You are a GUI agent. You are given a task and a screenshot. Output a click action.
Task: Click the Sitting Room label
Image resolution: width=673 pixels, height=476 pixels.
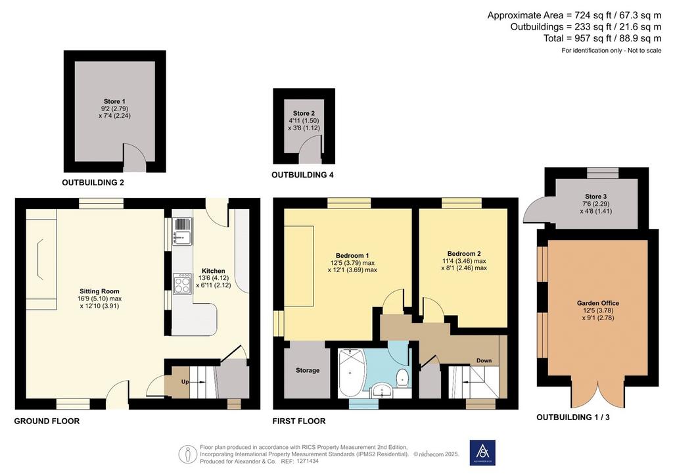[99, 291]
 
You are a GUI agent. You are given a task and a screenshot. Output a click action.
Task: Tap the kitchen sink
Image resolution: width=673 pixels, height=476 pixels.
[183, 231]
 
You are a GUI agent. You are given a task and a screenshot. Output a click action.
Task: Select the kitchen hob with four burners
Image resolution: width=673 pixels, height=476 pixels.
[183, 284]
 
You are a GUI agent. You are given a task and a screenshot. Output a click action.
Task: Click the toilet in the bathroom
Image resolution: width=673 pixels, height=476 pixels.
[402, 377]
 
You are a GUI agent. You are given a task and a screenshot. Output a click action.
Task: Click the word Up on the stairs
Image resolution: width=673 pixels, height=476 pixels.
[185, 381]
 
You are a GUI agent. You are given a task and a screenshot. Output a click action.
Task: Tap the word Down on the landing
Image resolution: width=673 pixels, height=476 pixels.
[484, 360]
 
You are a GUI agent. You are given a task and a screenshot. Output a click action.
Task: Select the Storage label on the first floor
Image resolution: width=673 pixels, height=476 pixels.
[308, 370]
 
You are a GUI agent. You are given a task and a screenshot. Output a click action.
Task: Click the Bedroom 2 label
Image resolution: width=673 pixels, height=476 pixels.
[464, 254]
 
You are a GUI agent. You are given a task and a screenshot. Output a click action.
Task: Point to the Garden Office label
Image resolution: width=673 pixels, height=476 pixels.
[598, 303]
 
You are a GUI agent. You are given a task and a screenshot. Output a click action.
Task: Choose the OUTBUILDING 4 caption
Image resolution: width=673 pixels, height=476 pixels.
[302, 175]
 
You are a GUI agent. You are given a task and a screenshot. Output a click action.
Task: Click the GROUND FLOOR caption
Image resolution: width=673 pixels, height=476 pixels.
[47, 421]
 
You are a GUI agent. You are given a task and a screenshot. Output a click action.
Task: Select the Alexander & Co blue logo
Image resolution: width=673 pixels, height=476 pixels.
[482, 453]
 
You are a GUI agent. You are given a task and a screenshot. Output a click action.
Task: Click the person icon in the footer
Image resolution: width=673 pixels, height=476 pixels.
[187, 454]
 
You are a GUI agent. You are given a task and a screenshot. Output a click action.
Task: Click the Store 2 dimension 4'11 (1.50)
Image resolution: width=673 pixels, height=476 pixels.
[304, 120]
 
